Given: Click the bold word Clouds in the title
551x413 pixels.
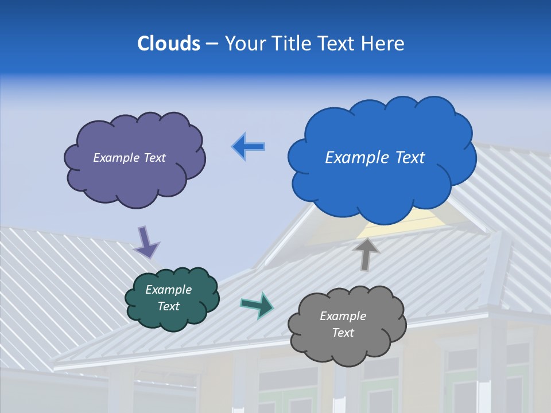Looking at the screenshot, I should click(169, 44).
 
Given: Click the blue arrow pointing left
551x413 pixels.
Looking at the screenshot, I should click(249, 147).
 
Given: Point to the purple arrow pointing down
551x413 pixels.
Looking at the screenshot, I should click(146, 242).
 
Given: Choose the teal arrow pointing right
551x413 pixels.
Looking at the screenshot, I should click(257, 305).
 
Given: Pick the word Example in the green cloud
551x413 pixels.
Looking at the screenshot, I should click(169, 290).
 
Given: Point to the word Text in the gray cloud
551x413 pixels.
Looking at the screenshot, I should click(343, 333).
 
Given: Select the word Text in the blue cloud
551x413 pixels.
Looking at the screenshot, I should click(410, 157).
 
